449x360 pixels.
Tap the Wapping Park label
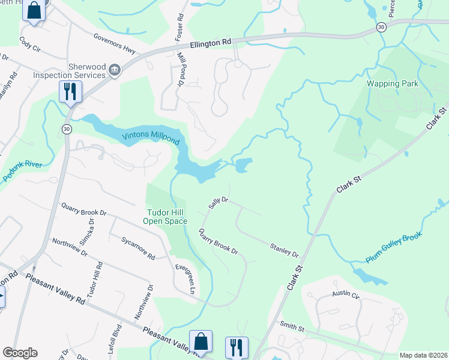coord(393,84)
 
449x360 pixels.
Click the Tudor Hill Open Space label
coord(165,216)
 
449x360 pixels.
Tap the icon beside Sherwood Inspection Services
coord(114,72)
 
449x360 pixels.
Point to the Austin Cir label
coord(346,295)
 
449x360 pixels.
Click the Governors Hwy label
coord(115,41)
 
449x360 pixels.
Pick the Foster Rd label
coord(178,28)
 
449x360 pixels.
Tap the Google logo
coord(20,353)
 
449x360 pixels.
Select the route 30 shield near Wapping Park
coord(381,27)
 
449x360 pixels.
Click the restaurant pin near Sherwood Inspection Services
coord(70,92)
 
